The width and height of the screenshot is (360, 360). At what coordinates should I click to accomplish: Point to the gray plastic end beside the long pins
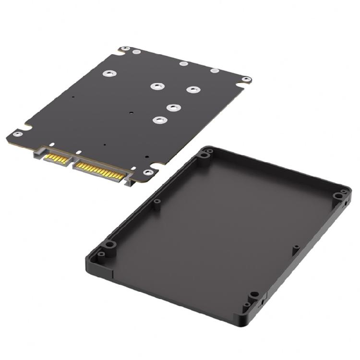point(128,181)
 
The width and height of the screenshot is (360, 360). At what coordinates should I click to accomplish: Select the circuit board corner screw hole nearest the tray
point(148,172)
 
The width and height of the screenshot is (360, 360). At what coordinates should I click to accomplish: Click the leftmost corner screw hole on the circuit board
point(17,134)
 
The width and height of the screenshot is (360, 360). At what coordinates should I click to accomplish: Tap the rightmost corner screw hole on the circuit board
point(246,80)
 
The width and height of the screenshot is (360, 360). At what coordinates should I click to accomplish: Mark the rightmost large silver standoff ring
point(192,90)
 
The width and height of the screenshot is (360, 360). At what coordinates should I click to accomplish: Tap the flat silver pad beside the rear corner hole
point(137,51)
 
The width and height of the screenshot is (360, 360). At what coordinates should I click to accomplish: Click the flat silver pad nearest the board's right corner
point(215,71)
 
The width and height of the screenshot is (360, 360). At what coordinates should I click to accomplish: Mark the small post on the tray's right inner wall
point(296,248)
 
